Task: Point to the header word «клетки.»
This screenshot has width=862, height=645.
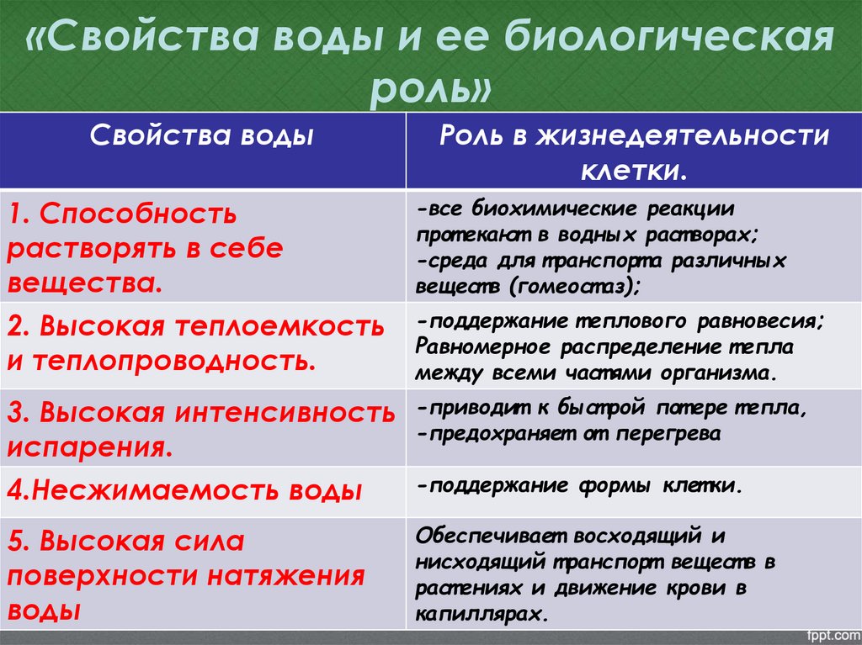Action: (x=633, y=171)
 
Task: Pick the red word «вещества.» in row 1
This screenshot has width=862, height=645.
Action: (x=84, y=282)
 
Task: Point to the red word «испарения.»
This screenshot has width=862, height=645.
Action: (x=92, y=447)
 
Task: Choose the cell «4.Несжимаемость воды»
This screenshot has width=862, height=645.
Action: (x=186, y=490)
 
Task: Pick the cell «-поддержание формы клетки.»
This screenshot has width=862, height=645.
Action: (x=580, y=486)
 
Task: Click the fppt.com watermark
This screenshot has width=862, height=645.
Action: (x=830, y=633)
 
